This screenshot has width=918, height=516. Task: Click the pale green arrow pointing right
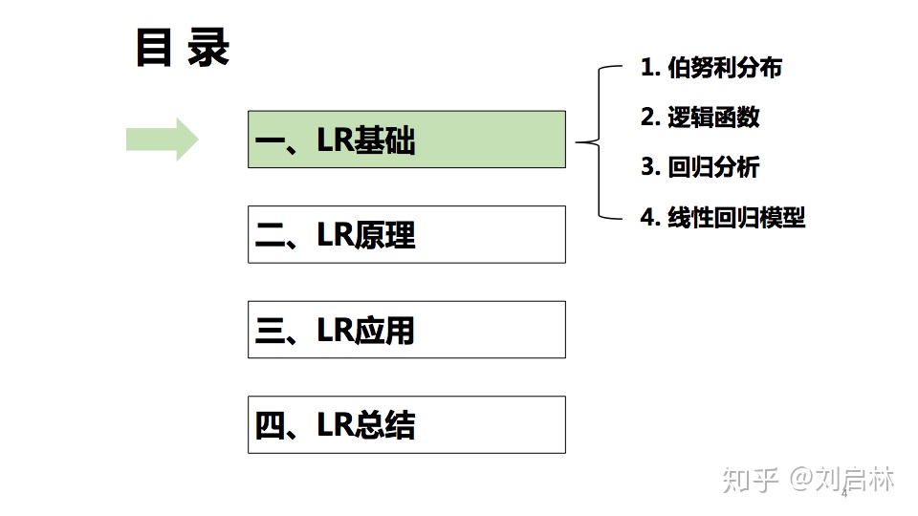pos(162,140)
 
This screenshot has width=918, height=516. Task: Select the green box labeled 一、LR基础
pos(406,140)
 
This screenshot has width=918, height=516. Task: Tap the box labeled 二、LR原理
pos(406,234)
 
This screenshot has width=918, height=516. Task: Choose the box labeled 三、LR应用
pos(406,330)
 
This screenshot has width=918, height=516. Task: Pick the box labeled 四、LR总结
pos(406,424)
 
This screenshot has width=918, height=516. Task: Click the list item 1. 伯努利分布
pos(711,68)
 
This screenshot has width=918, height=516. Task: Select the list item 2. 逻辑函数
pos(700,117)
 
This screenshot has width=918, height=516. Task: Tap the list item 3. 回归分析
pos(700,167)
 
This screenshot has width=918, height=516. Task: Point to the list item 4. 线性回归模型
pos(723,217)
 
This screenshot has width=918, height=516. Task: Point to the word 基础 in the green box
pos(384,141)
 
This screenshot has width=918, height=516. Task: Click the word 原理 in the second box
pos(384,235)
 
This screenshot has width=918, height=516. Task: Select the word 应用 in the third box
pos(384,331)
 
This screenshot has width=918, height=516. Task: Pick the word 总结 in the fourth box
pos(384,425)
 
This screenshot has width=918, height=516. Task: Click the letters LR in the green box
pos(335,141)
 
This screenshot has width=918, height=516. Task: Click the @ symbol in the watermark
pos(800,479)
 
